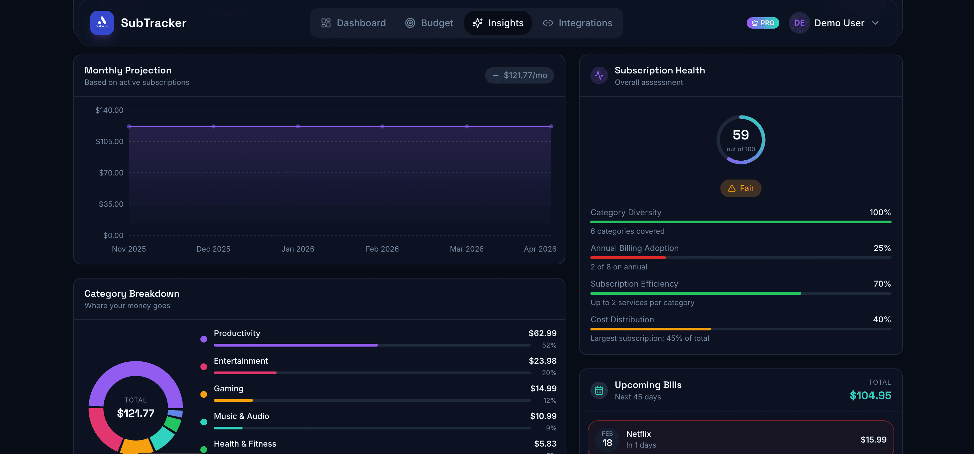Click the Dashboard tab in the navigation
(353, 23)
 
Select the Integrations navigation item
(577, 23)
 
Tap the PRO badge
(762, 23)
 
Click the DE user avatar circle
(799, 23)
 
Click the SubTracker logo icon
(102, 23)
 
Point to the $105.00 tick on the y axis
(109, 141)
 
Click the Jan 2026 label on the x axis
(298, 249)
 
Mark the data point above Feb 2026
(382, 126)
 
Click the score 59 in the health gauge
(740, 135)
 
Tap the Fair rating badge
(740, 188)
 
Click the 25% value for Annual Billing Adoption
(882, 248)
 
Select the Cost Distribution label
(622, 319)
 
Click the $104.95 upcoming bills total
(870, 395)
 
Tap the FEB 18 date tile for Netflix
(607, 439)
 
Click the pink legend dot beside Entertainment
(203, 367)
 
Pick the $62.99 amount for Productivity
(542, 333)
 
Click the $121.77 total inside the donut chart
(136, 413)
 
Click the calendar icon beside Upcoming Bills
(599, 390)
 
